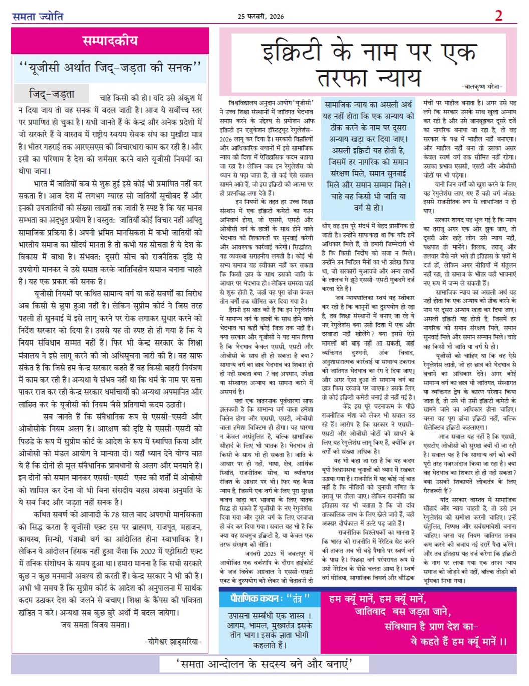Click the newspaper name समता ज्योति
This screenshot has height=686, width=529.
[38, 16]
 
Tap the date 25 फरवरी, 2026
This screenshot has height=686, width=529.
[260, 16]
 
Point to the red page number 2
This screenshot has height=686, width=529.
[498, 16]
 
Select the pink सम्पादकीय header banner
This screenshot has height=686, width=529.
[110, 40]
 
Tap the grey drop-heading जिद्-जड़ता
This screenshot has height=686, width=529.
[52, 94]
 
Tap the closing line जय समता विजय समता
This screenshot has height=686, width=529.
[95, 625]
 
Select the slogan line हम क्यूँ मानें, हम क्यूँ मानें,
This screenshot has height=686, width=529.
[377, 599]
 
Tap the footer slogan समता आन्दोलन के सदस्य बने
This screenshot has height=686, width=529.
[264, 664]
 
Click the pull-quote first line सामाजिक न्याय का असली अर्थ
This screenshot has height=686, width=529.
[368, 105]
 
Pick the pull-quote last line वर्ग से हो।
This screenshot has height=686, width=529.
[368, 207]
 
